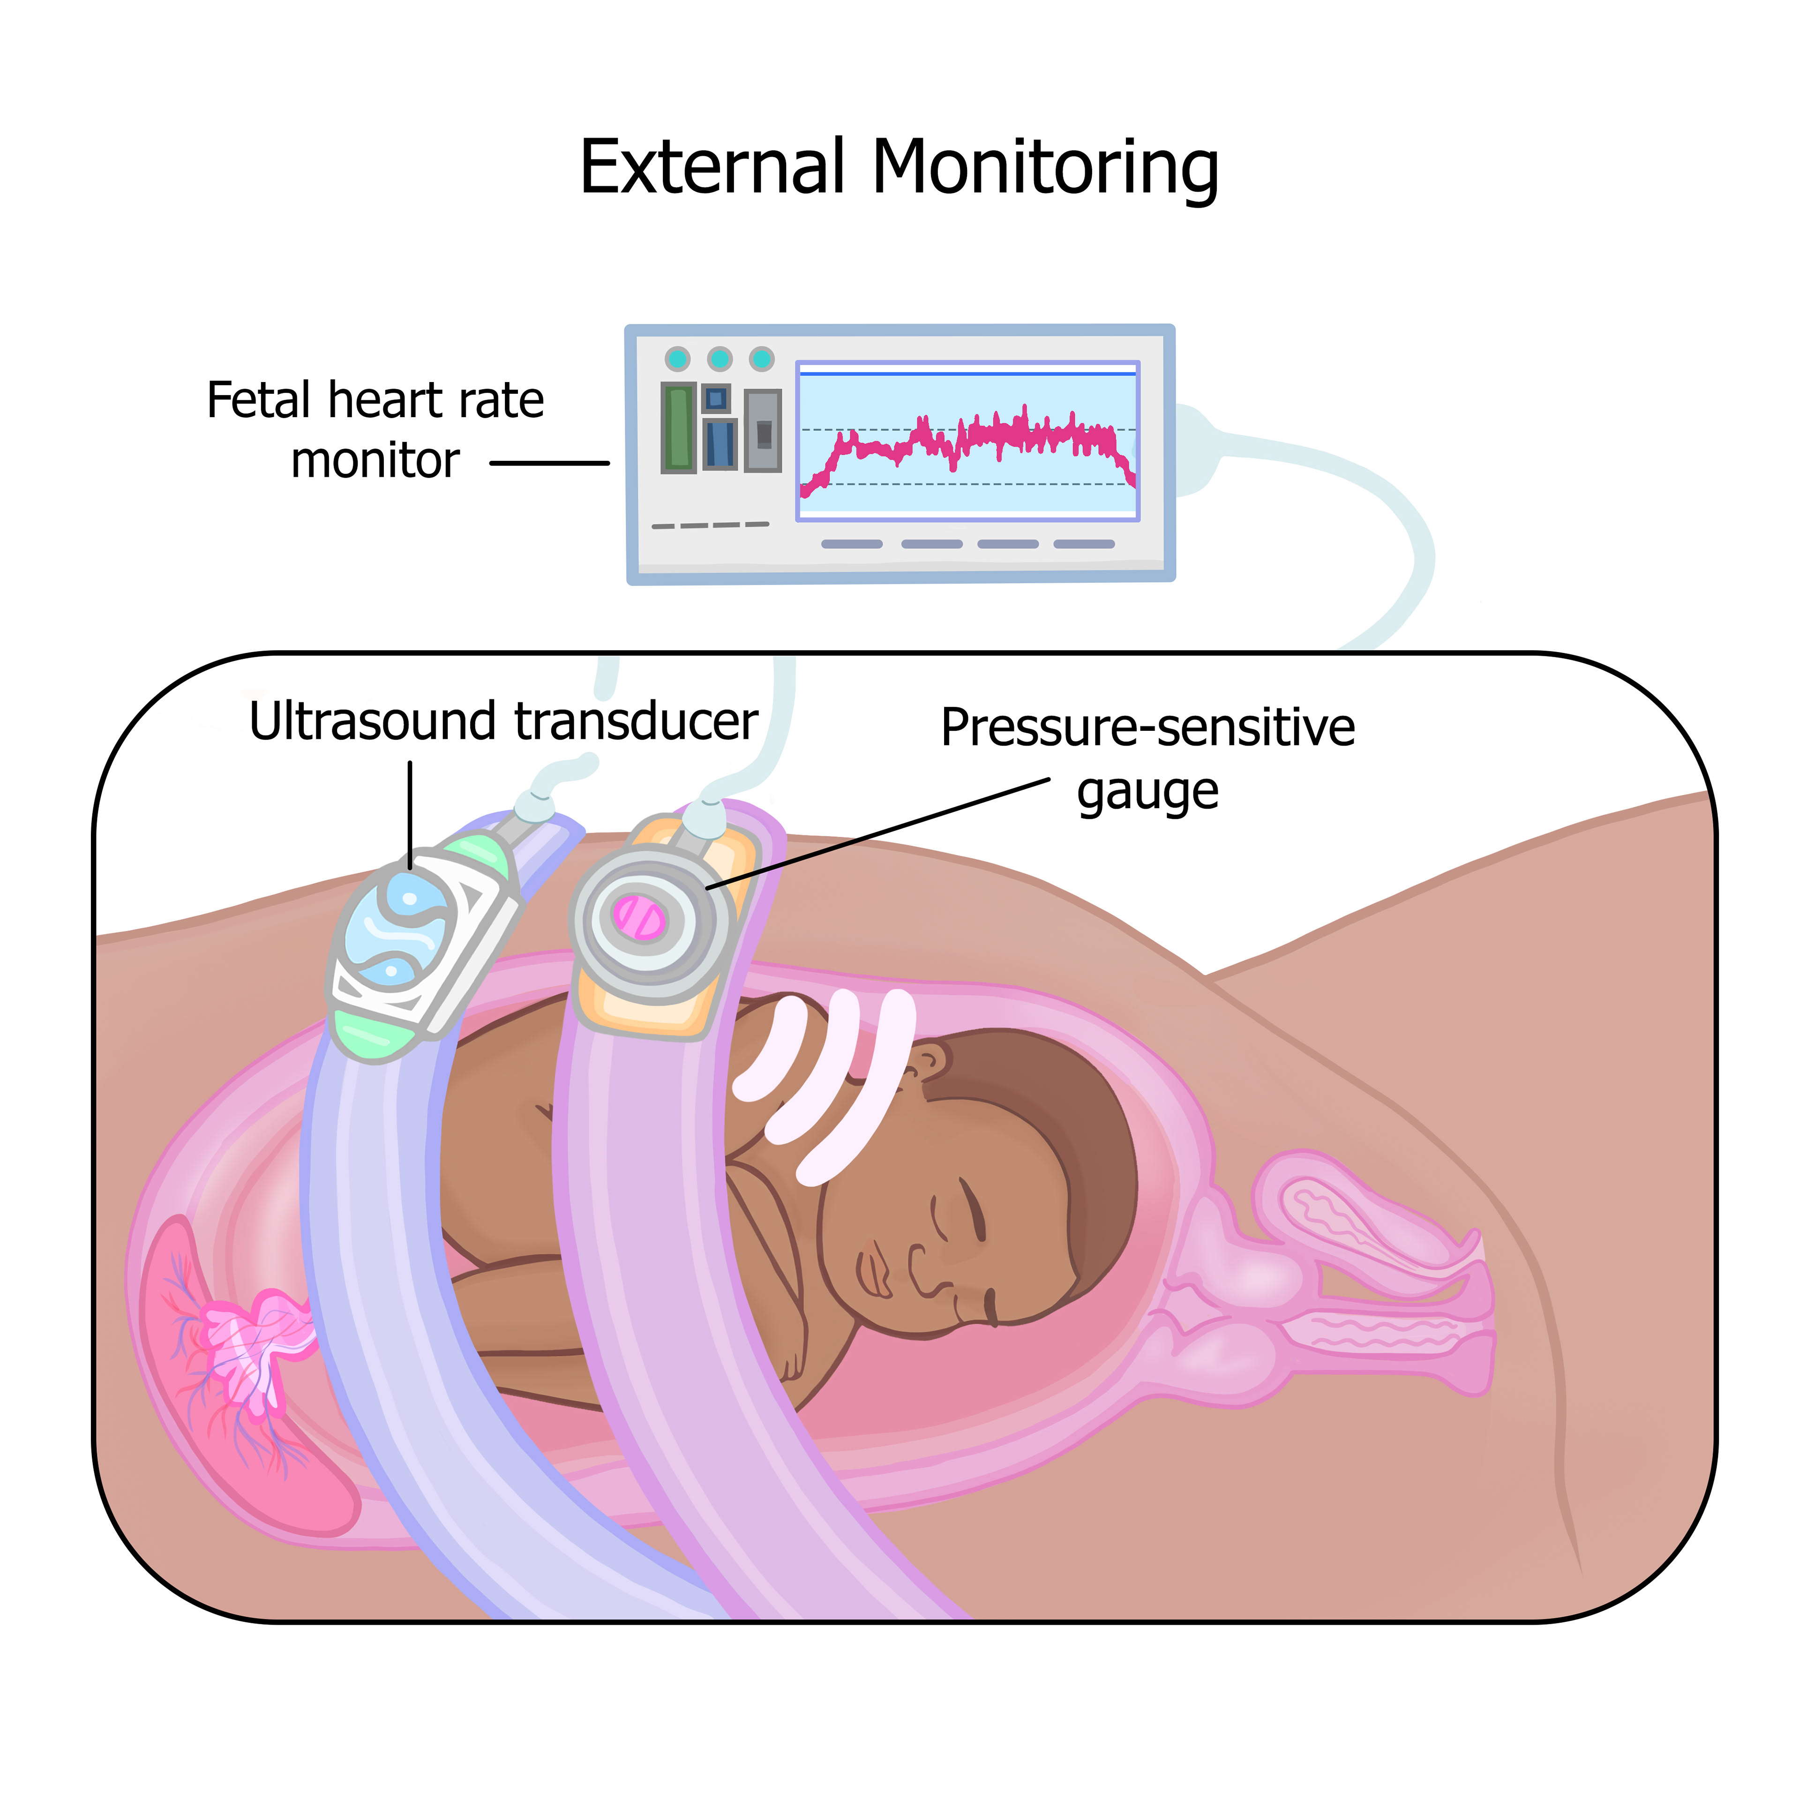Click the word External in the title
point(712,168)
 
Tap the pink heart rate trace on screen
point(969,438)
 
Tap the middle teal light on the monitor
point(719,359)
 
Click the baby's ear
point(927,1062)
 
